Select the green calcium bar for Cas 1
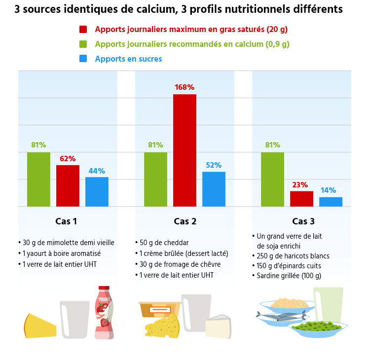click(x=38, y=179)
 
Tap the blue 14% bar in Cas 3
click(x=331, y=202)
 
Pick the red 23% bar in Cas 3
click(x=301, y=199)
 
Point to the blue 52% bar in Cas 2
click(x=214, y=189)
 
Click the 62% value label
click(x=68, y=159)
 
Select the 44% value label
click(x=97, y=171)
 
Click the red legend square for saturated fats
click(x=83, y=30)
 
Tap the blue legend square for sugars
click(x=83, y=59)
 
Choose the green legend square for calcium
click(x=83, y=44)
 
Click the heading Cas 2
click(x=185, y=221)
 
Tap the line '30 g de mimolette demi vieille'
click(x=66, y=243)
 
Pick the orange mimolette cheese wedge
click(x=40, y=326)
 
